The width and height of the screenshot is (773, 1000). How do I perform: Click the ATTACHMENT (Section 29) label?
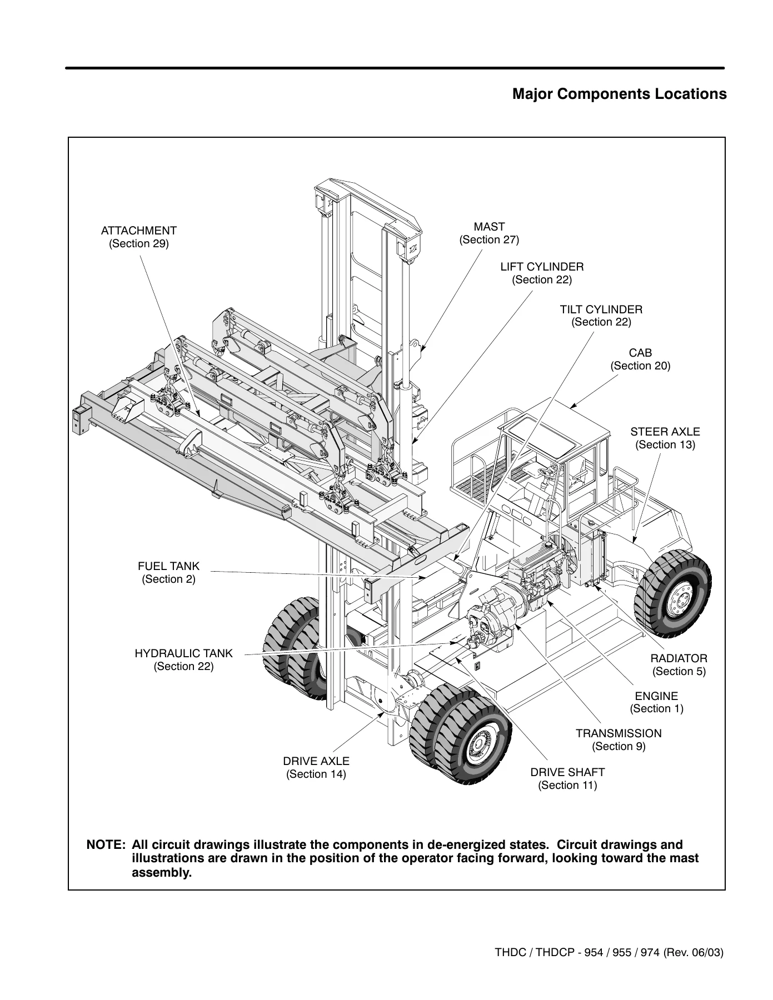pyautogui.click(x=138, y=237)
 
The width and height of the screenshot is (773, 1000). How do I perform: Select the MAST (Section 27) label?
pyautogui.click(x=489, y=233)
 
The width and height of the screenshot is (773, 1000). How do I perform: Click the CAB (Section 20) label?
pyautogui.click(x=641, y=359)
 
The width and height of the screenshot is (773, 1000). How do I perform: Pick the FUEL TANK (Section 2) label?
pyautogui.click(x=168, y=573)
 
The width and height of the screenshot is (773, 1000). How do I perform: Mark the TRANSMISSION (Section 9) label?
pyautogui.click(x=619, y=740)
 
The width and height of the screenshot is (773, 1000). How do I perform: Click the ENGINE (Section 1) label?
pyautogui.click(x=656, y=702)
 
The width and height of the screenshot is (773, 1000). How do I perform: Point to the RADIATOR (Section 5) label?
pyautogui.click(x=679, y=665)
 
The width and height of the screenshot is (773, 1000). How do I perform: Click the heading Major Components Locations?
pyautogui.click(x=619, y=94)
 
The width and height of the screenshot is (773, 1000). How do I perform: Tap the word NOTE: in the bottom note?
pyautogui.click(x=106, y=845)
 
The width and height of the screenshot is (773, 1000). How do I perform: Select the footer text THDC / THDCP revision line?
pyautogui.click(x=609, y=953)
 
